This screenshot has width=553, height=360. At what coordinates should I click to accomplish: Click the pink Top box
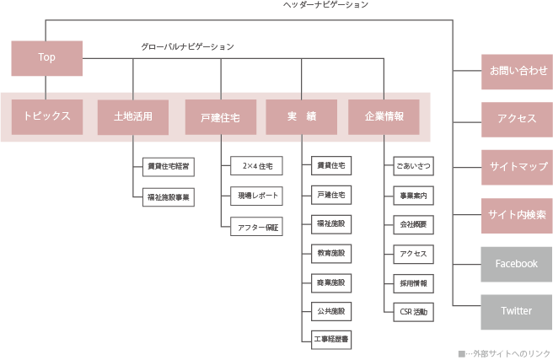(46, 57)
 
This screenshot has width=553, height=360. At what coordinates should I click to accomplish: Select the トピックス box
(46, 117)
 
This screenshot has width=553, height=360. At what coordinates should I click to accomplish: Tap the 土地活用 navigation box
(133, 117)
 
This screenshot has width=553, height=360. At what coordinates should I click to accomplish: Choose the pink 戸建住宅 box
(220, 117)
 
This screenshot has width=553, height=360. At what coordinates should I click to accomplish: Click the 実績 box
(301, 117)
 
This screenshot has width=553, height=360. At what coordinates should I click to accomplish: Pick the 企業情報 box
(384, 117)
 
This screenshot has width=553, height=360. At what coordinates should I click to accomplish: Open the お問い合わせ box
(517, 72)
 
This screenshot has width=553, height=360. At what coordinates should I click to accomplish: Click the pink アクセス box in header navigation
(517, 118)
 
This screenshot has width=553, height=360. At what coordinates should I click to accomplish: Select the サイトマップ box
(517, 166)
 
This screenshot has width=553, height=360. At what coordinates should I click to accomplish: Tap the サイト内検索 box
(517, 214)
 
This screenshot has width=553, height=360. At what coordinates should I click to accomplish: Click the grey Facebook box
(517, 263)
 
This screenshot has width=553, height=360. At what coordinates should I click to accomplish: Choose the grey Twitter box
(517, 311)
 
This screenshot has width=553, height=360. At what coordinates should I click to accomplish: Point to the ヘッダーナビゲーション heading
(325, 5)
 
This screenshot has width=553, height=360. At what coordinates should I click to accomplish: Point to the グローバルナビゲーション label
(187, 46)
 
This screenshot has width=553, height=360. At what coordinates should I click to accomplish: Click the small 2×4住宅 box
(255, 165)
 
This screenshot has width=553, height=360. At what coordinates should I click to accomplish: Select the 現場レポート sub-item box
(255, 196)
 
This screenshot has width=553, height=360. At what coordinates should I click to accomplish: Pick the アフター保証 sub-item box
(255, 226)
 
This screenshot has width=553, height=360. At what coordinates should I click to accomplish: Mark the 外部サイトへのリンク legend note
(504, 353)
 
